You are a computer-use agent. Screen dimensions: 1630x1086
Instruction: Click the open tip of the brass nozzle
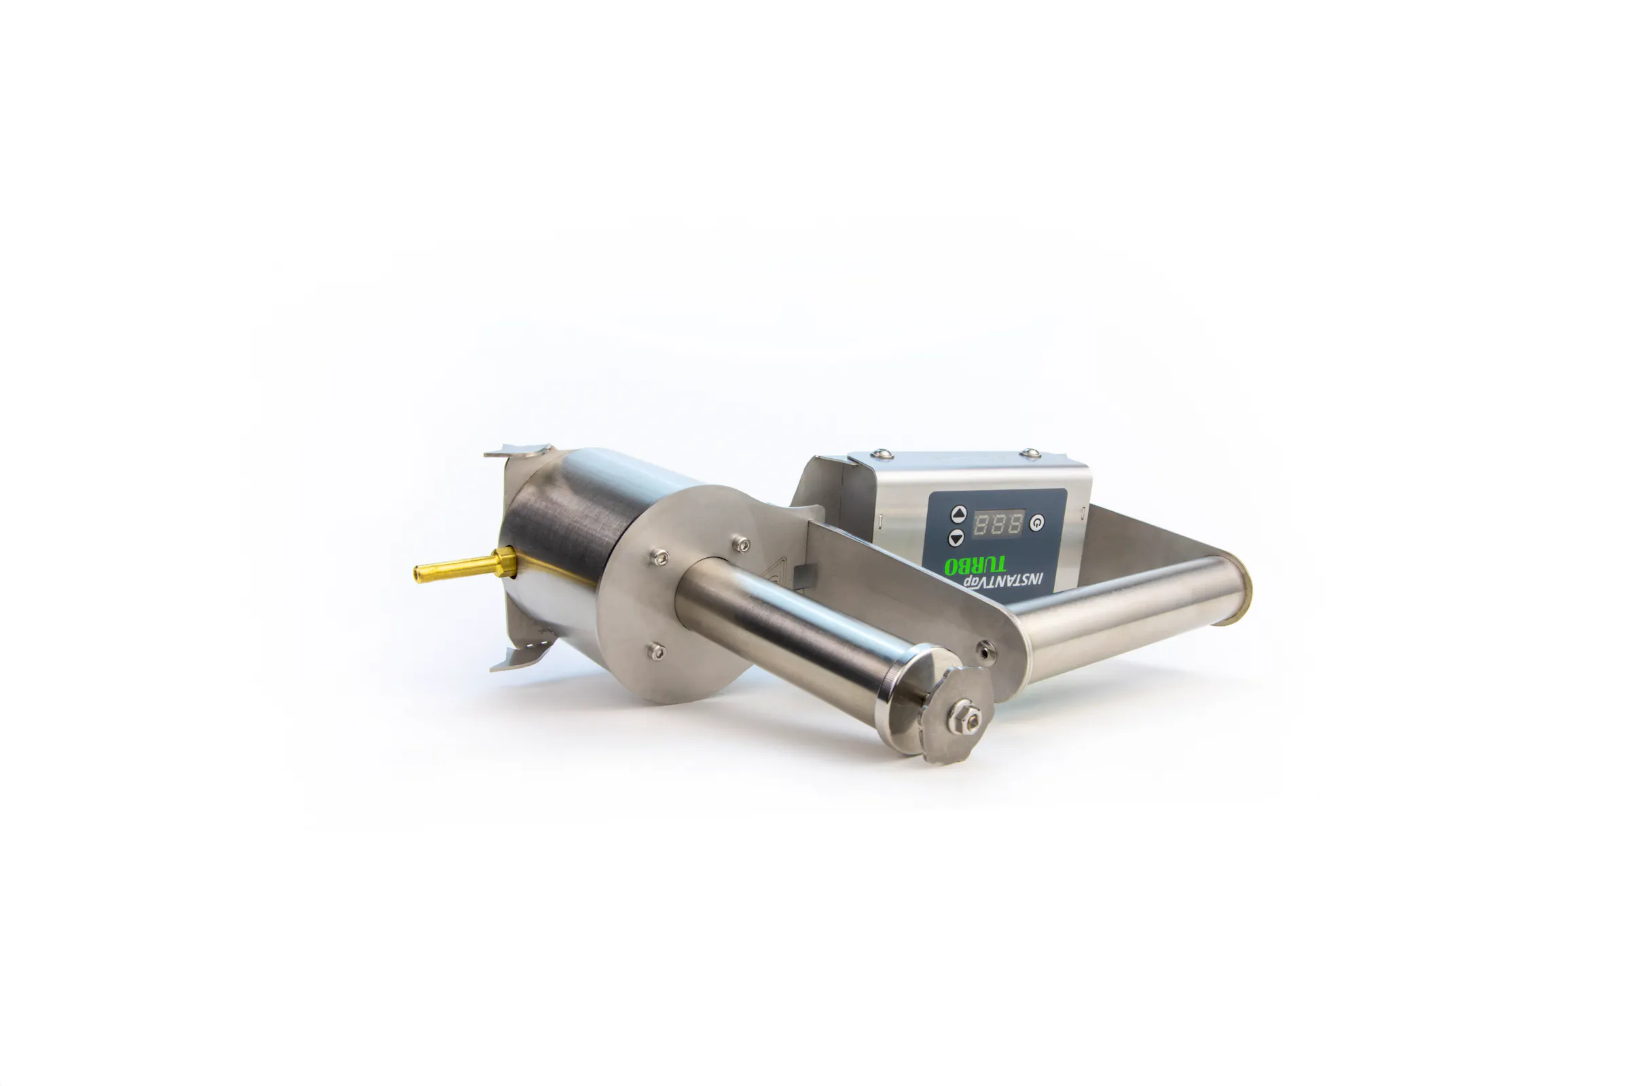point(418,574)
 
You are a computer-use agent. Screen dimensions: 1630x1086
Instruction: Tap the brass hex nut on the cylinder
point(505,562)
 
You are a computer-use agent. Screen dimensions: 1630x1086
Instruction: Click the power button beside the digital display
point(1036,523)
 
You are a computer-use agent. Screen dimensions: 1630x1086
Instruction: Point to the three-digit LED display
point(998,523)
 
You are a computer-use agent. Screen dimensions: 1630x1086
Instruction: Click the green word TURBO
point(975,565)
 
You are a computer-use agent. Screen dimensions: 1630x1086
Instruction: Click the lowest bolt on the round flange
point(655,651)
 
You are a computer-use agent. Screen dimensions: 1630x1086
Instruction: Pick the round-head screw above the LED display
point(1030,453)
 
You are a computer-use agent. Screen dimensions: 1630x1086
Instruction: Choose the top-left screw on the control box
point(881,453)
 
